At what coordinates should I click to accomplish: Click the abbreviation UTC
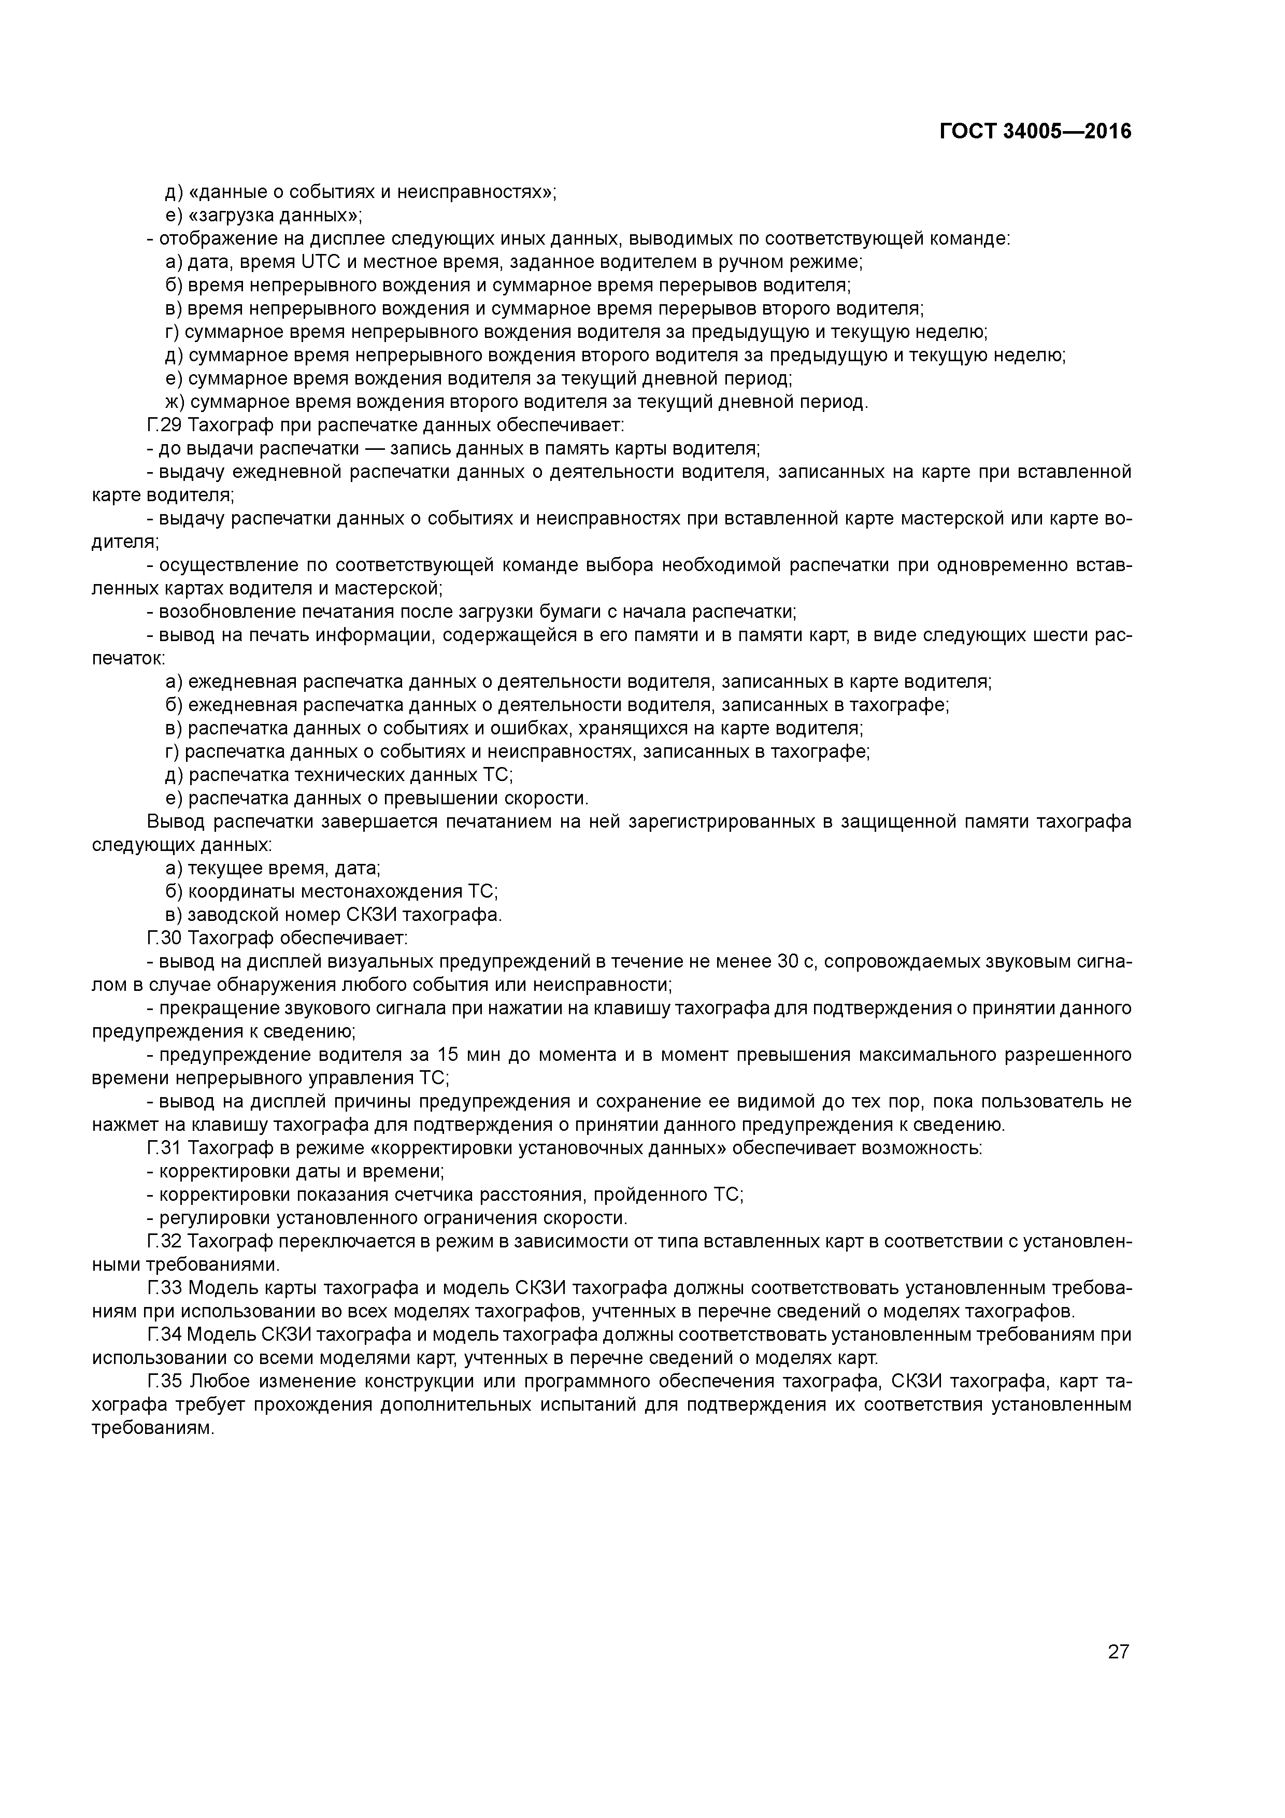pyautogui.click(x=298, y=262)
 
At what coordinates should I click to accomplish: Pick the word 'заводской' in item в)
pyautogui.click(x=223, y=915)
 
